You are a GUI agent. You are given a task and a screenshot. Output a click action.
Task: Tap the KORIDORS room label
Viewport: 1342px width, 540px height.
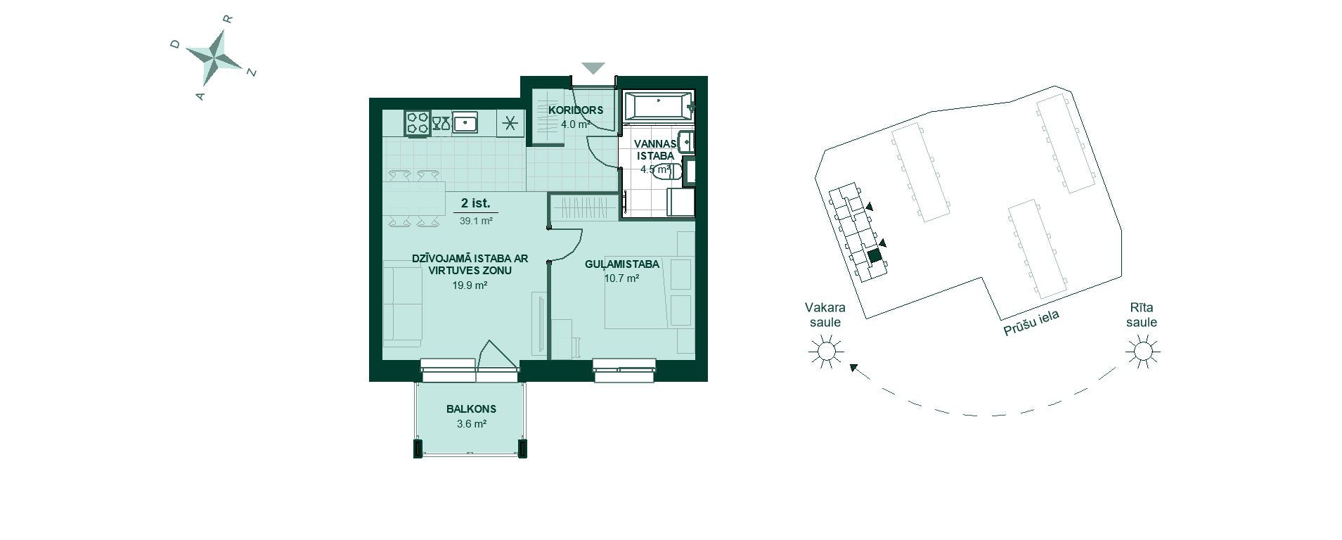pos(576,110)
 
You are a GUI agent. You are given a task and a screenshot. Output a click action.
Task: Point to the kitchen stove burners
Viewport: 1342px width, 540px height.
pos(417,124)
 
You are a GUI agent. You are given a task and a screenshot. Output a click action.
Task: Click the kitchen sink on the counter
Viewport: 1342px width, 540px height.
pos(465,124)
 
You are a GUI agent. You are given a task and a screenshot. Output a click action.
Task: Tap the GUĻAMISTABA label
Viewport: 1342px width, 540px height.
pos(622,264)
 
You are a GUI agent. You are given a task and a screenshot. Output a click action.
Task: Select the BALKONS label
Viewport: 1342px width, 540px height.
pos(471,409)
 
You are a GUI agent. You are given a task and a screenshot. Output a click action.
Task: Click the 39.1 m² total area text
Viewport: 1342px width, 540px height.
pos(476,221)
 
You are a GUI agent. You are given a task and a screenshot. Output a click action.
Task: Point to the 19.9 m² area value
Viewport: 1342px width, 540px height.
pos(470,285)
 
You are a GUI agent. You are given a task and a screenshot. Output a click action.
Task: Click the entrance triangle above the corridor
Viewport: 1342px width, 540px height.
pos(593,68)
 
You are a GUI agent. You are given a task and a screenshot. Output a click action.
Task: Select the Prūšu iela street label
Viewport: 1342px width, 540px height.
pos(1031,323)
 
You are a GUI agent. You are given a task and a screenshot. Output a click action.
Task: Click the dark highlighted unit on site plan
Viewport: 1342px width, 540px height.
pos(874,256)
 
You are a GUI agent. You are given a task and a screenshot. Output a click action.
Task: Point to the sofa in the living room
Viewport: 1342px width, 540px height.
pos(402,303)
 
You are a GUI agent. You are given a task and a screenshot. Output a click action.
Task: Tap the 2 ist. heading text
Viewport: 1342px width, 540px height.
pos(475,204)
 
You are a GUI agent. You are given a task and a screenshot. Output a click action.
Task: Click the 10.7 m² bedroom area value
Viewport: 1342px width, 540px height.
pos(621,278)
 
